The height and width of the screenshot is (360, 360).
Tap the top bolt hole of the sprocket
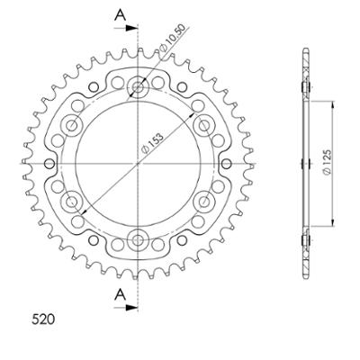pyautogui.click(x=138, y=87)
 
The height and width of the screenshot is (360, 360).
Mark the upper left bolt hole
pyautogui.click(x=73, y=124)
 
